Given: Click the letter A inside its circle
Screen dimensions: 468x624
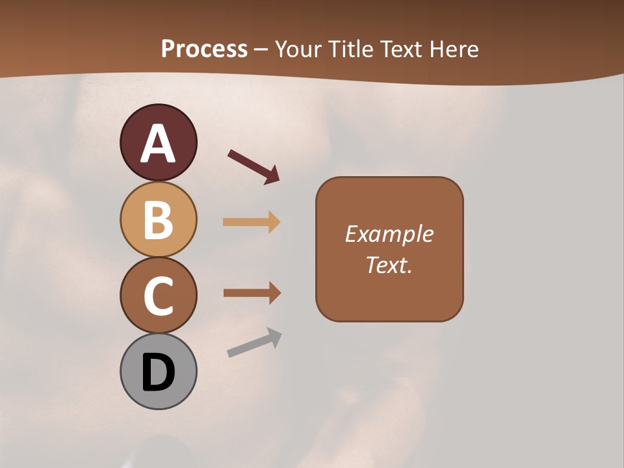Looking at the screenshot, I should pyautogui.click(x=158, y=144).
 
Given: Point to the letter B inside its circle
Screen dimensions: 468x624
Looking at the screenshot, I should pyautogui.click(x=158, y=220).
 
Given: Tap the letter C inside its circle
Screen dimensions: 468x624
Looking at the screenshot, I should pyautogui.click(x=158, y=296).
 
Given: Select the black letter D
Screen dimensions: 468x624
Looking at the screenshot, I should pyautogui.click(x=158, y=372).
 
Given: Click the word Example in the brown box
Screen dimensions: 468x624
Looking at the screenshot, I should pyautogui.click(x=389, y=234).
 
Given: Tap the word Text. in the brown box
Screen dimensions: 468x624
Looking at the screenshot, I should pyautogui.click(x=389, y=265).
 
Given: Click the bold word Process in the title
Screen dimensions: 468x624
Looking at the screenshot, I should pyautogui.click(x=204, y=49).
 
